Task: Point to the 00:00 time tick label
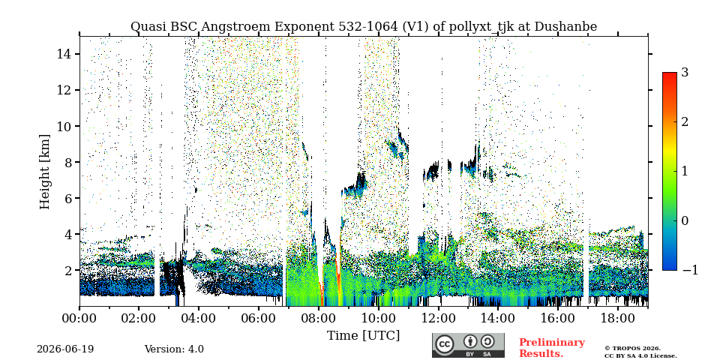(79, 318)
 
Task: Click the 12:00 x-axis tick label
(438, 318)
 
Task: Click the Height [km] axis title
(44, 172)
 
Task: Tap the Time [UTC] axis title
(363, 336)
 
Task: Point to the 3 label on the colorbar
(685, 72)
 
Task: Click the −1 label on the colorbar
(690, 270)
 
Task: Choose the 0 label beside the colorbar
(685, 220)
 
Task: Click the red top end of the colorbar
(670, 74)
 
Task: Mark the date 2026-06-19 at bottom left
(65, 349)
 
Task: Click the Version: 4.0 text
(174, 349)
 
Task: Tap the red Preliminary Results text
(552, 348)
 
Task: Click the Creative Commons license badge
(468, 345)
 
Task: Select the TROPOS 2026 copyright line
(632, 349)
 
